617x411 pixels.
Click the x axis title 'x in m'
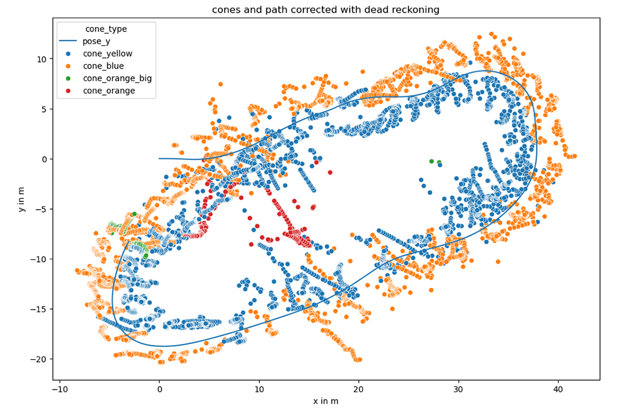(325, 402)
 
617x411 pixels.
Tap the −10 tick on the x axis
(59, 390)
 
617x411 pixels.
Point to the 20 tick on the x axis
(359, 390)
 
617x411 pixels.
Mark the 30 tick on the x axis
(458, 390)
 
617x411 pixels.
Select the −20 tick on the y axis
(39, 359)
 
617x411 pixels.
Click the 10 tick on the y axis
(42, 59)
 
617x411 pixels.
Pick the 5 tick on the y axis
(44, 109)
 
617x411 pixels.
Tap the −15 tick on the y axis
(39, 309)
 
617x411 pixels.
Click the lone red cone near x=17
(329, 172)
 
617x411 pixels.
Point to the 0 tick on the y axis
(44, 159)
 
